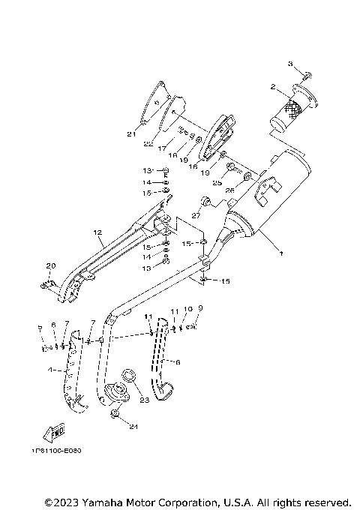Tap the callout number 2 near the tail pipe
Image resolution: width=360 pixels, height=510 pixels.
pyautogui.click(x=274, y=87)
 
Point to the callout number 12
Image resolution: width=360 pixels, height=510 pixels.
pyautogui.click(x=97, y=233)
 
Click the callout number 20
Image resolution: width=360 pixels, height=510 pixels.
pyautogui.click(x=50, y=266)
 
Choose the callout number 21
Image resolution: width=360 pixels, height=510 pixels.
pyautogui.click(x=130, y=135)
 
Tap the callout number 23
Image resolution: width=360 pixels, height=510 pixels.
pyautogui.click(x=144, y=400)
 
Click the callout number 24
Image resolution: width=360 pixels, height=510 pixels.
pyautogui.click(x=134, y=428)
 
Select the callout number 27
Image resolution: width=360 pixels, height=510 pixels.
pyautogui.click(x=196, y=216)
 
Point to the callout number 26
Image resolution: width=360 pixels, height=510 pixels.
pyautogui.click(x=229, y=190)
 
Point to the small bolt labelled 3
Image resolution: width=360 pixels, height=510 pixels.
pyautogui.click(x=307, y=74)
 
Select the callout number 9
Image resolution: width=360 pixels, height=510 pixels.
pyautogui.click(x=199, y=308)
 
